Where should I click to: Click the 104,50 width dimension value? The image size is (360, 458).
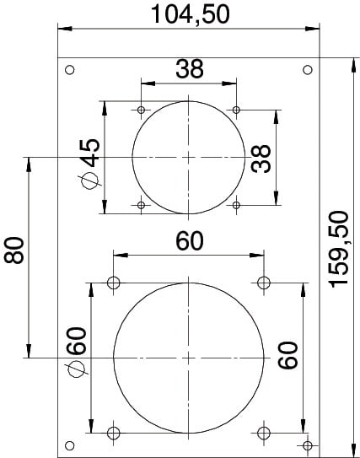(190, 14)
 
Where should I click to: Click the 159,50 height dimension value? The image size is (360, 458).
(338, 249)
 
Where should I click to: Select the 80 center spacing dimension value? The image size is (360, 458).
(13, 251)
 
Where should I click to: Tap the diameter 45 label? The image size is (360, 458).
(89, 152)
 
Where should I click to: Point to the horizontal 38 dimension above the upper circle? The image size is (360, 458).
(189, 69)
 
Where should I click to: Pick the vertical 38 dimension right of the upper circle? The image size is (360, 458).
(261, 159)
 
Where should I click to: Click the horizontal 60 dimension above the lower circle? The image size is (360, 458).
(189, 240)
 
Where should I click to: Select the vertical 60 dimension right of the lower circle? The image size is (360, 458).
(287, 354)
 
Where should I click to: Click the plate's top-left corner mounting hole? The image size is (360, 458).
(70, 70)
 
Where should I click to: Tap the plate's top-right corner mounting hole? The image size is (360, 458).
(308, 70)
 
